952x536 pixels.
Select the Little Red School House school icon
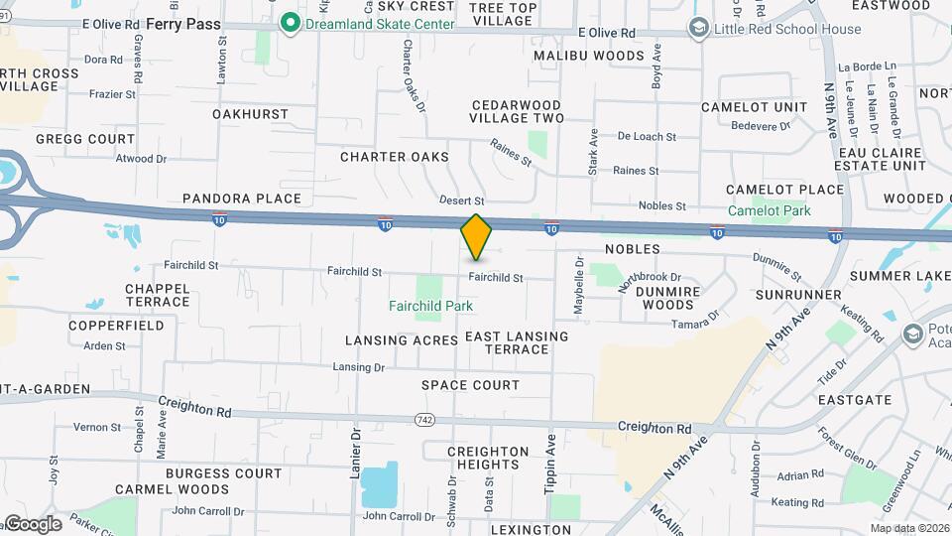[x=699, y=29]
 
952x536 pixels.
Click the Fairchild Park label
[x=430, y=307]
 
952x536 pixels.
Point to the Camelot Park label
[x=769, y=210]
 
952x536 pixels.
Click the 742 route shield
[x=425, y=421]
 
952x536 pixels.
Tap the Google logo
[x=32, y=524]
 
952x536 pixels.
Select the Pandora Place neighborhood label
[x=241, y=199]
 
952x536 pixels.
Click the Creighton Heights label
[x=488, y=459]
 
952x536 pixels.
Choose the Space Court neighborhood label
[x=470, y=385]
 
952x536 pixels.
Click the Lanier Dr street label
[x=354, y=456]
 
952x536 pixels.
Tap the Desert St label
[x=462, y=201]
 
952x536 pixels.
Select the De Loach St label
[x=646, y=137]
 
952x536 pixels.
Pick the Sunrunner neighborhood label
[x=797, y=296]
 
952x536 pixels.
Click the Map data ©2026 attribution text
[x=908, y=528]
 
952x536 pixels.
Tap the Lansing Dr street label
[x=358, y=367]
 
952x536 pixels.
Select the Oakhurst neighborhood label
[x=250, y=114]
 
